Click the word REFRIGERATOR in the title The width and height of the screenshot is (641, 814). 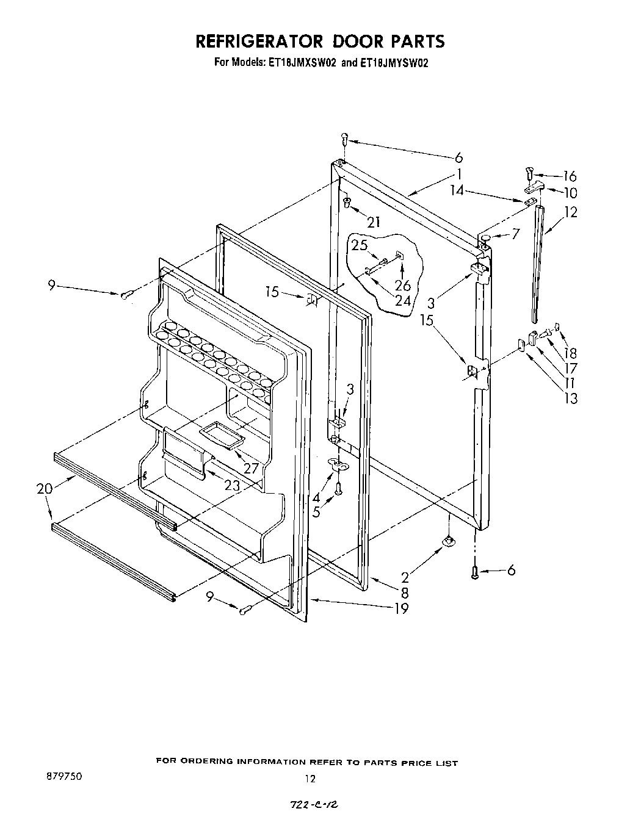tap(258, 41)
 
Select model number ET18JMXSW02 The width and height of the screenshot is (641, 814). tap(302, 62)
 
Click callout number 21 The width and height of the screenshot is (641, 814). tap(373, 222)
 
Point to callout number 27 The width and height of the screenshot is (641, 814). tap(252, 469)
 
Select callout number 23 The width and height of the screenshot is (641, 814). tap(231, 486)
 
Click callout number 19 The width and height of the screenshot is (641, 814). tap(401, 608)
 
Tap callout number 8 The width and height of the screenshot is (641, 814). tap(404, 592)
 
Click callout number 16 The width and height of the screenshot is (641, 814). tap(569, 176)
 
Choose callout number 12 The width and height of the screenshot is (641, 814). tap(571, 212)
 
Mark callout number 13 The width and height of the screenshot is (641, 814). tap(571, 398)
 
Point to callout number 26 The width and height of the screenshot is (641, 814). tap(402, 284)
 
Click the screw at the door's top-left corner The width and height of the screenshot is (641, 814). tap(344, 139)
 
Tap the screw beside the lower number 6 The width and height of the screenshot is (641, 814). tap(475, 572)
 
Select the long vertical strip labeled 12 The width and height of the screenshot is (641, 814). tap(537, 262)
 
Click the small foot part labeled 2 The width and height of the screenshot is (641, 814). tap(449, 541)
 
